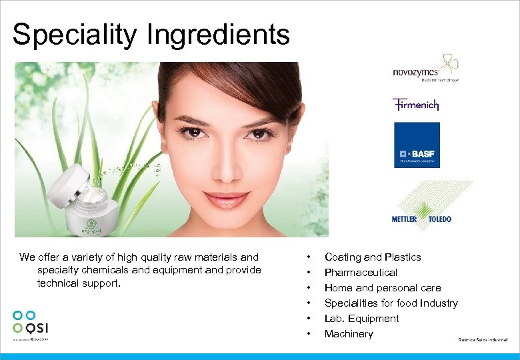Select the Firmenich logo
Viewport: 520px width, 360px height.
point(415,105)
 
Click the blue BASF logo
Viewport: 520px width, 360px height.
point(417,145)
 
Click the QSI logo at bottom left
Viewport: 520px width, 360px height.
point(31,323)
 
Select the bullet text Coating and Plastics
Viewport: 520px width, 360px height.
point(373,257)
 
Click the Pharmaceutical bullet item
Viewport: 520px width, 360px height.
point(361,273)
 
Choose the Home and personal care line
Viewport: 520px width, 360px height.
point(383,288)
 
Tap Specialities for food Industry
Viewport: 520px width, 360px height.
point(391,303)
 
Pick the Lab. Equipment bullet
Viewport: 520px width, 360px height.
point(361,319)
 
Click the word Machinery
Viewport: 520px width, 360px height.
point(349,334)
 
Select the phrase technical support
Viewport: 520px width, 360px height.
point(80,283)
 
